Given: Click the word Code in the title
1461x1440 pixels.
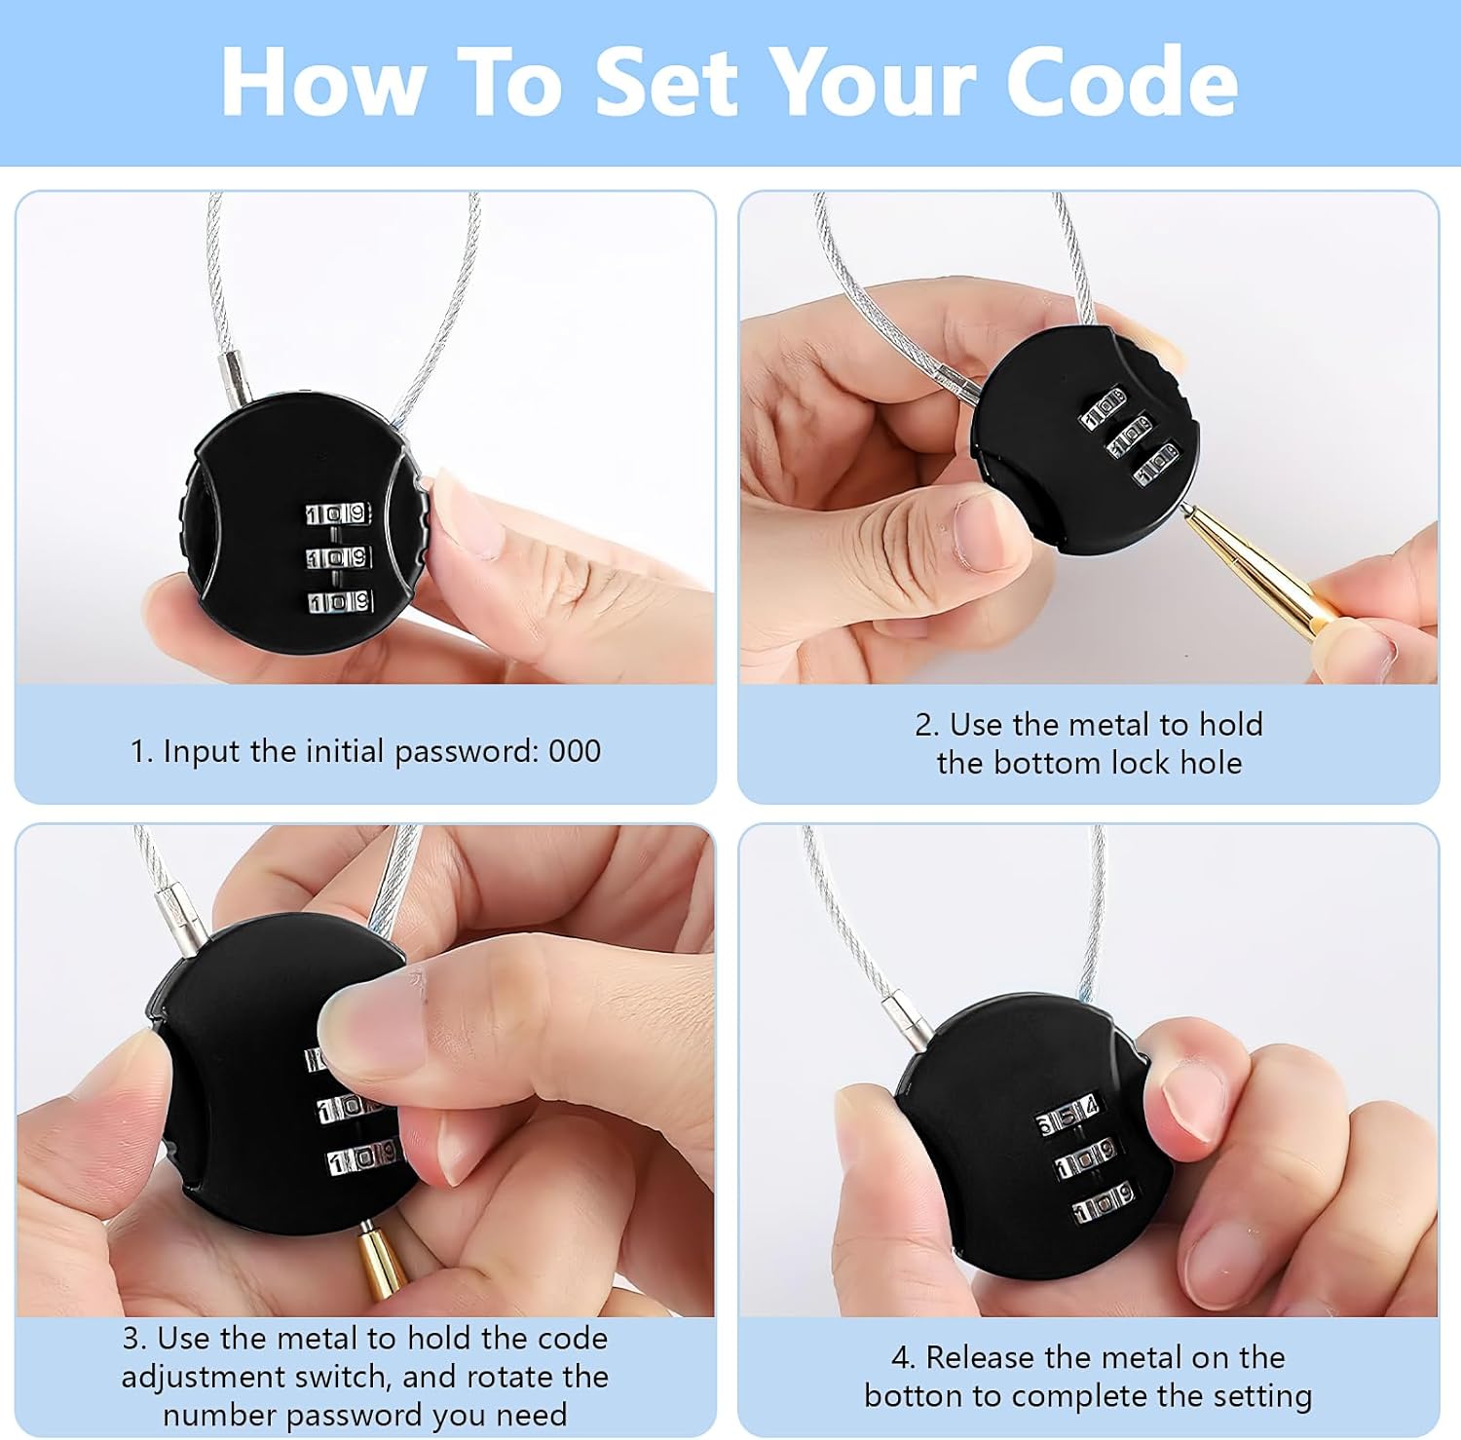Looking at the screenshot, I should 1121,82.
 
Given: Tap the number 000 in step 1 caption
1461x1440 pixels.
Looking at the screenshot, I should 575,751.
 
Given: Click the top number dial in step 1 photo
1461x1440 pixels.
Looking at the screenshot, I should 338,513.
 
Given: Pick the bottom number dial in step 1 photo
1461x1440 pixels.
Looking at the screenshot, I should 340,602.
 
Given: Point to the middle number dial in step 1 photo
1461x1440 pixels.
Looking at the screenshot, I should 339,558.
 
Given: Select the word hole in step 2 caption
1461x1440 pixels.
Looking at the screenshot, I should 1211,763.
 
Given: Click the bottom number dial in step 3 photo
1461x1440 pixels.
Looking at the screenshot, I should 362,1158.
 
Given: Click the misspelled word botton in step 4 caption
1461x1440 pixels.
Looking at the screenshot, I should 913,1396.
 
